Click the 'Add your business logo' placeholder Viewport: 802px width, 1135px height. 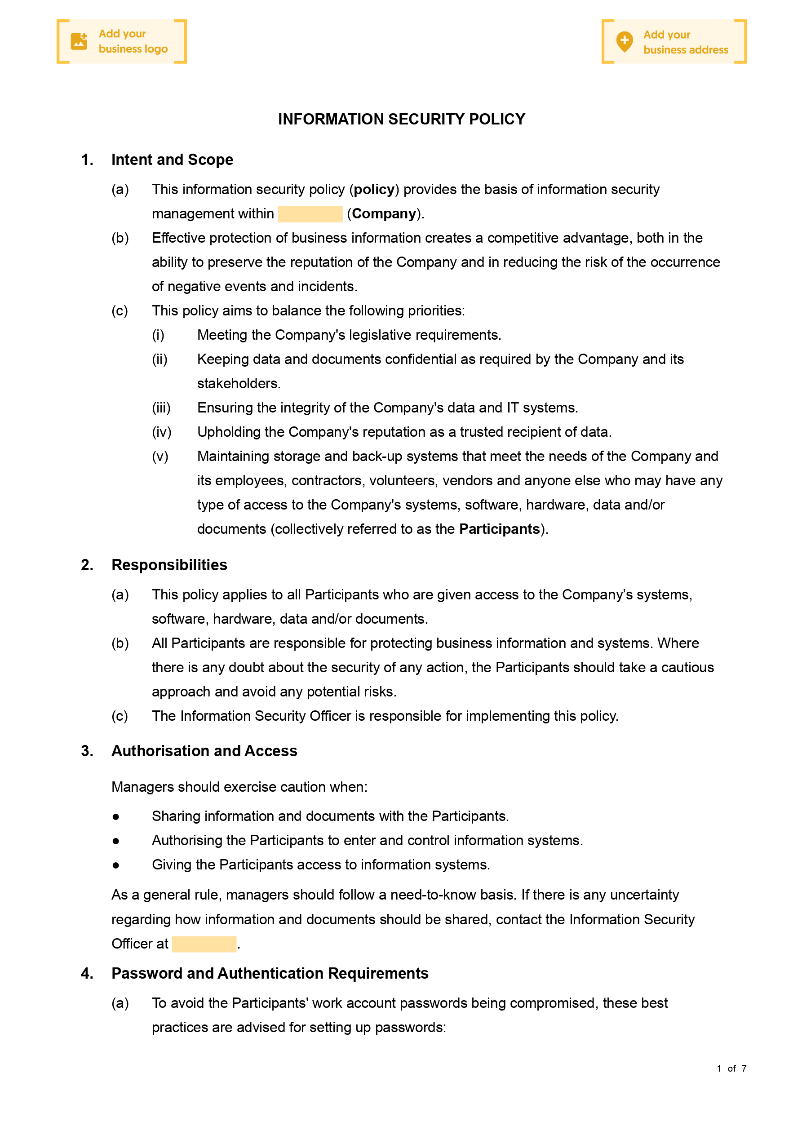click(x=122, y=41)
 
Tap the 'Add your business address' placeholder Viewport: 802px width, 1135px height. click(x=674, y=42)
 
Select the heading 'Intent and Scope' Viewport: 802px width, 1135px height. click(x=172, y=160)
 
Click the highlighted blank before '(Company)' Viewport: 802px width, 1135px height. click(x=310, y=214)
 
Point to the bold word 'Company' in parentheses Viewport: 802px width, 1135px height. click(x=384, y=213)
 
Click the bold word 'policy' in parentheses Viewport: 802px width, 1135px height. click(x=374, y=189)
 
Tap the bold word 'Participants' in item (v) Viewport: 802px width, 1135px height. click(x=499, y=529)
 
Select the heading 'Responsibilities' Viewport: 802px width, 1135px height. click(x=169, y=565)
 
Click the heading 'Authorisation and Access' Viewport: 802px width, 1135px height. click(x=204, y=751)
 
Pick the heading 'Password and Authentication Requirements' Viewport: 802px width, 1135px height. click(x=270, y=973)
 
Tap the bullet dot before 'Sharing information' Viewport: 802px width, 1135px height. click(x=116, y=816)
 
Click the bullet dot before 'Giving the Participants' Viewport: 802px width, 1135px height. click(x=116, y=865)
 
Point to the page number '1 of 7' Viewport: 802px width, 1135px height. click(x=731, y=1068)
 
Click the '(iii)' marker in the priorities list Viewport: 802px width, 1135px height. click(x=161, y=408)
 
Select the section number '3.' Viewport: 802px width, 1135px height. click(x=87, y=751)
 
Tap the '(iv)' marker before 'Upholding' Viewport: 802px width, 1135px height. click(x=162, y=432)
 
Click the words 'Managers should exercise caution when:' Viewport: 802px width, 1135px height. click(x=239, y=787)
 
